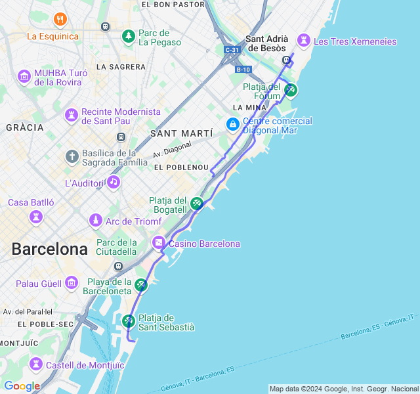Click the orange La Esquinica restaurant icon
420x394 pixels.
(60, 19)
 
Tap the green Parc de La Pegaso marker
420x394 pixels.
(129, 35)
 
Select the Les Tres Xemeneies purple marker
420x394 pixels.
(303, 41)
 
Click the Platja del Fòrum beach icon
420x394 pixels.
(291, 90)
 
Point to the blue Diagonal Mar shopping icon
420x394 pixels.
(232, 123)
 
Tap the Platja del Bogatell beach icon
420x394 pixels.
(197, 204)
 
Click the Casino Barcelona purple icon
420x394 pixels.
(159, 244)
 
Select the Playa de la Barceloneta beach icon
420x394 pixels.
(141, 285)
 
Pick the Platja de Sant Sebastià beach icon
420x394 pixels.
(129, 321)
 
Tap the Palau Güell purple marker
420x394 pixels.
(72, 284)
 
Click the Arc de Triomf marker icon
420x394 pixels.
(96, 221)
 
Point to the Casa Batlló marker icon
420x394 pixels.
(35, 216)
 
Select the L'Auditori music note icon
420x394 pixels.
(114, 182)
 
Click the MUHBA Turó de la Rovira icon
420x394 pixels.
(25, 76)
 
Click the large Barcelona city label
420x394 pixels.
(49, 250)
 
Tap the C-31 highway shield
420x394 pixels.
(232, 50)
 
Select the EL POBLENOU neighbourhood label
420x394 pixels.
(181, 167)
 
